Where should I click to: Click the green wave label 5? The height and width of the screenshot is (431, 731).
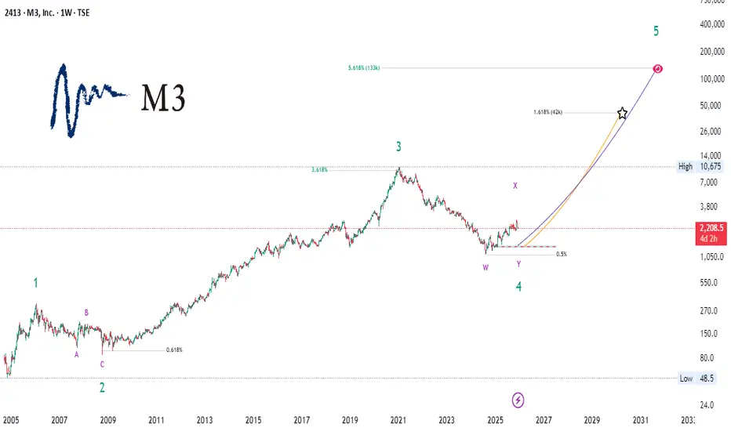656,32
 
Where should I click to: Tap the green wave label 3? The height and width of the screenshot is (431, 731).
398,147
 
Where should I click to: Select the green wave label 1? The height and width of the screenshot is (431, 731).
35,284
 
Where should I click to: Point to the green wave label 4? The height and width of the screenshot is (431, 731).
518,287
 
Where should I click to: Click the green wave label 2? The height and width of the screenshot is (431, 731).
102,387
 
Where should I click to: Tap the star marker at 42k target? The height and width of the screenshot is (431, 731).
622,114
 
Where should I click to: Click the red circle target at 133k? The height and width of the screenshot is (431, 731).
658,69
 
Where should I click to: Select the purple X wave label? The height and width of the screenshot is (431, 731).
515,186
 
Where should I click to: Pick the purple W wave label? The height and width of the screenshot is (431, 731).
486,267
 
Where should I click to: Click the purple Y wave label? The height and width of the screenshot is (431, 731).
518,264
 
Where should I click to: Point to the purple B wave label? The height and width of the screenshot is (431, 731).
86,313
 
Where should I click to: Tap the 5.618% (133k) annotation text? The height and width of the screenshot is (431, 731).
364,69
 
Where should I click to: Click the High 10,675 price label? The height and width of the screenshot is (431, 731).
701,167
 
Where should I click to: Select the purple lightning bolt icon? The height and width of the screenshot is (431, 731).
518,400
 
